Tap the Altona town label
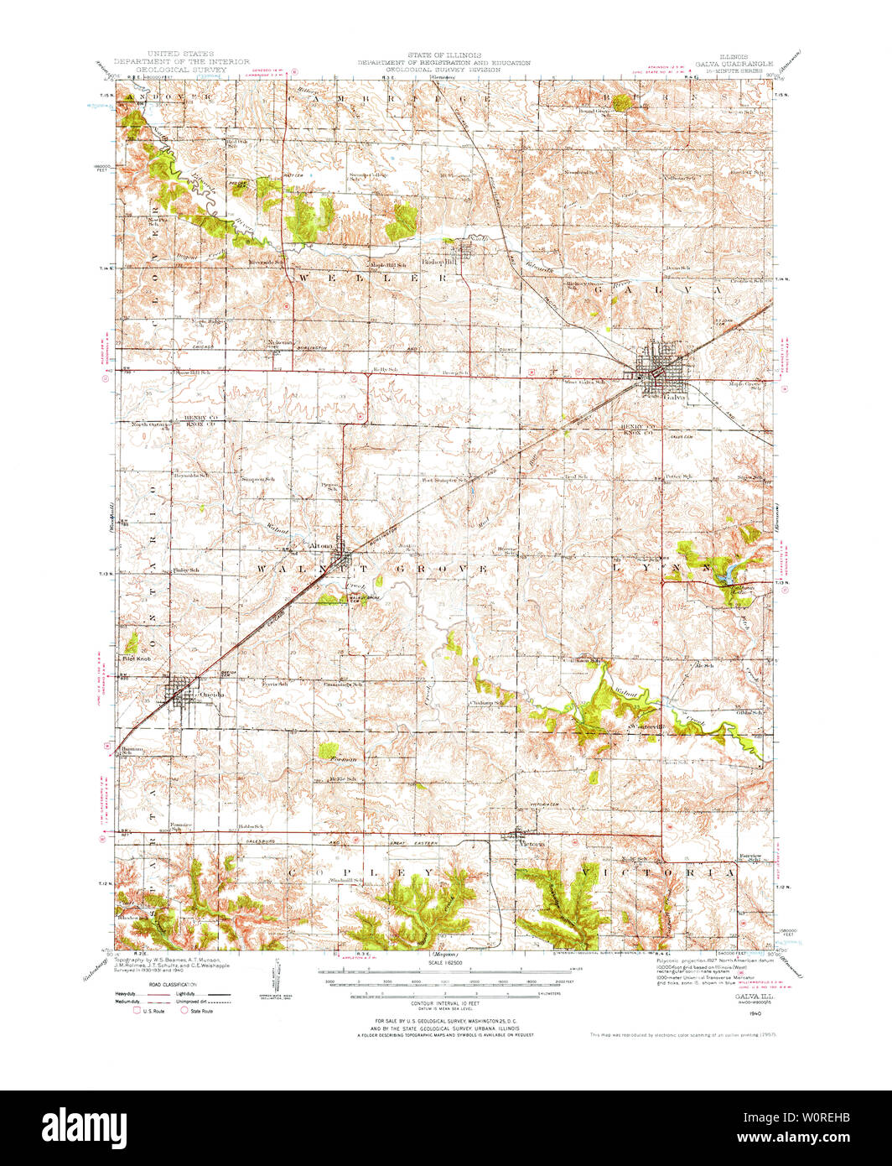(x=322, y=545)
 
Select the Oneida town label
(x=209, y=695)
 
